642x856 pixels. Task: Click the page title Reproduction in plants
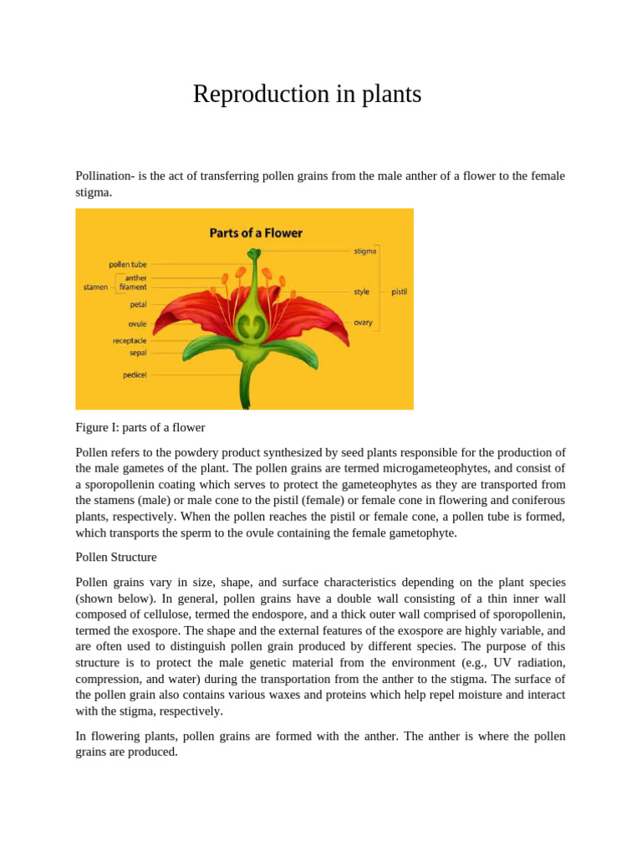coord(307,94)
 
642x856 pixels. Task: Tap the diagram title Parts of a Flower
coord(256,232)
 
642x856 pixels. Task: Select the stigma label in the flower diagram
coord(364,251)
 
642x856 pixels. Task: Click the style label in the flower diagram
coord(361,292)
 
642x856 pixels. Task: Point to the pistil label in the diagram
coord(399,292)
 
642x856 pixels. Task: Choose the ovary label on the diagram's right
coord(363,323)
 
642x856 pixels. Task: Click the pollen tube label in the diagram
coord(128,264)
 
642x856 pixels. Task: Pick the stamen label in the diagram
coord(95,287)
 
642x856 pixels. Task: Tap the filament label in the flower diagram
coord(133,287)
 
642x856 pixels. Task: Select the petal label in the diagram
coord(138,305)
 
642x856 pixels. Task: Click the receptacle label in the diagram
coord(130,340)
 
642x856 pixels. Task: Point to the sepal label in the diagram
coord(138,353)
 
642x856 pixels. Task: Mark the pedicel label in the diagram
coord(135,374)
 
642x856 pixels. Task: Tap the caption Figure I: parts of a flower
coord(140,427)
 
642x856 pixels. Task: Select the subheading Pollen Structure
coord(115,557)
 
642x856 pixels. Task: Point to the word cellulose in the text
coord(157,614)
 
